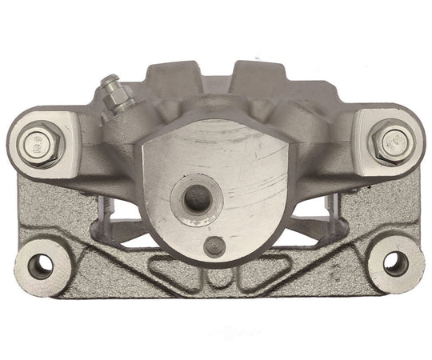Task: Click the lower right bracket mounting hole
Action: pyautogui.click(x=394, y=262)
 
